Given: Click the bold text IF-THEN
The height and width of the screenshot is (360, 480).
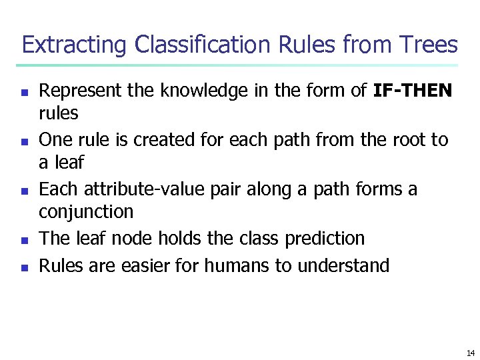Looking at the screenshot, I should (413, 91).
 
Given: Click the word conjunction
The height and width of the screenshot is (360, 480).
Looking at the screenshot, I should (86, 212).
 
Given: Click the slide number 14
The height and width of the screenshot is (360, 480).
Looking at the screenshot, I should (470, 353).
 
